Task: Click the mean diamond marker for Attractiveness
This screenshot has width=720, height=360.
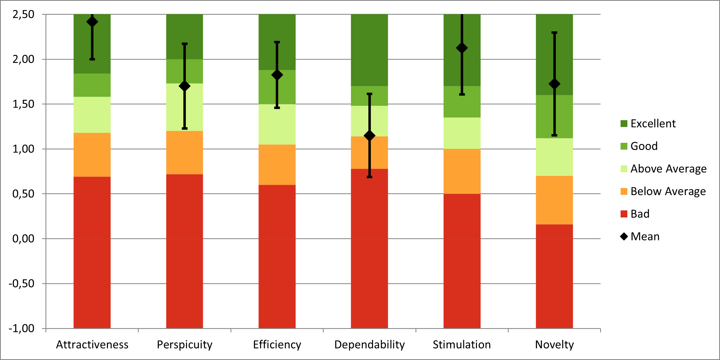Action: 92,22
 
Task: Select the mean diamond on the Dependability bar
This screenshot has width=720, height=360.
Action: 369,136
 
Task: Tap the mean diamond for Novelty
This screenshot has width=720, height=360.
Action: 554,84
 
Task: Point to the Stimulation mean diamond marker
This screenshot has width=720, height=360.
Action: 462,48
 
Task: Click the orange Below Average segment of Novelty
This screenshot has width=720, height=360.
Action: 554,200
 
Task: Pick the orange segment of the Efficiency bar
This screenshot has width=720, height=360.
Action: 277,165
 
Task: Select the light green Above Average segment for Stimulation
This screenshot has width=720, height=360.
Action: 462,133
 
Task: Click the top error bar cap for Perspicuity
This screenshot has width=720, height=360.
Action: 184,44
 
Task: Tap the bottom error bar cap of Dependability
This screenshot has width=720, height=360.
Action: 369,177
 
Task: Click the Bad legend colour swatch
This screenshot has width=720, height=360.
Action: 624,214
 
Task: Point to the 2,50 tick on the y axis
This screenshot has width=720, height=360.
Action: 23,14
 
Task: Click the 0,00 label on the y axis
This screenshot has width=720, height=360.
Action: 23,239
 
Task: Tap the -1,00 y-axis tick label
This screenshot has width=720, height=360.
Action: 22,328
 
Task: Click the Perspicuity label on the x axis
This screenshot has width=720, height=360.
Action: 184,345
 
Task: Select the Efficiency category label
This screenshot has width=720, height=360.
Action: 277,345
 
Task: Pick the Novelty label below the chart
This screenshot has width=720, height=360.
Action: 554,345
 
